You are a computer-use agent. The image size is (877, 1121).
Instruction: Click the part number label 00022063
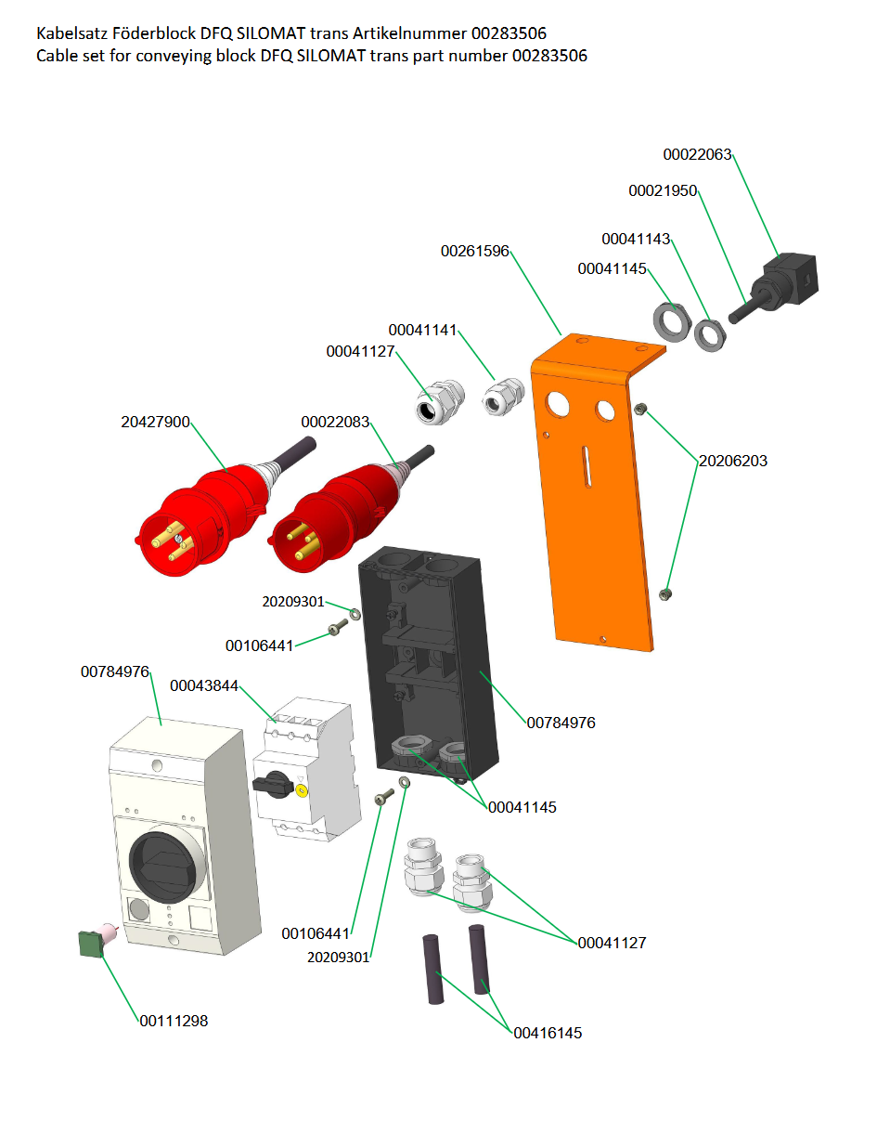coord(697,154)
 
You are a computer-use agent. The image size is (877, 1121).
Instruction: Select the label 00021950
coord(662,191)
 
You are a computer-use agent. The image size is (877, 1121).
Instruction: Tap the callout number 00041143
coord(636,239)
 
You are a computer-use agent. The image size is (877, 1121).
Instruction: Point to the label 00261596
coord(475,251)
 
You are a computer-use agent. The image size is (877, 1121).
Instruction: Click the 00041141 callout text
coord(422,330)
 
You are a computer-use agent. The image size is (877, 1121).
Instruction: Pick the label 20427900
coord(155,422)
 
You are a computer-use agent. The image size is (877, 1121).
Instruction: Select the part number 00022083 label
coord(335,422)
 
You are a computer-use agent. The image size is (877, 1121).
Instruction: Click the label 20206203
coord(733,461)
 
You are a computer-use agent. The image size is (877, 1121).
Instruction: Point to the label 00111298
coord(174,1021)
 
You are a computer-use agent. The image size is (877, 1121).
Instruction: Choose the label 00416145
coord(548,1033)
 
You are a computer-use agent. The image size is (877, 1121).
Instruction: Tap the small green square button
coord(90,944)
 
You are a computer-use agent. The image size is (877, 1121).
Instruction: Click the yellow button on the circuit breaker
coord(302,790)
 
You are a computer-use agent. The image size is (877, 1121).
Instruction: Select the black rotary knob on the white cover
coord(162,867)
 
